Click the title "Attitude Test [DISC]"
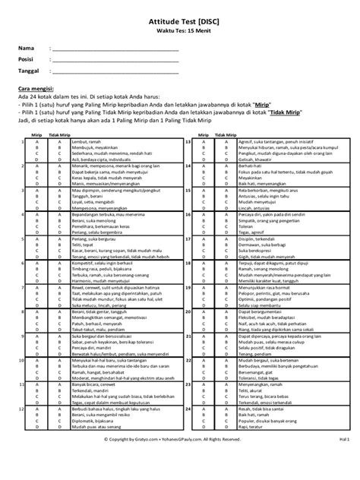pyautogui.click(x=179, y=25)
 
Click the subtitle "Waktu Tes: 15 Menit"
pyautogui.click(x=179, y=35)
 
